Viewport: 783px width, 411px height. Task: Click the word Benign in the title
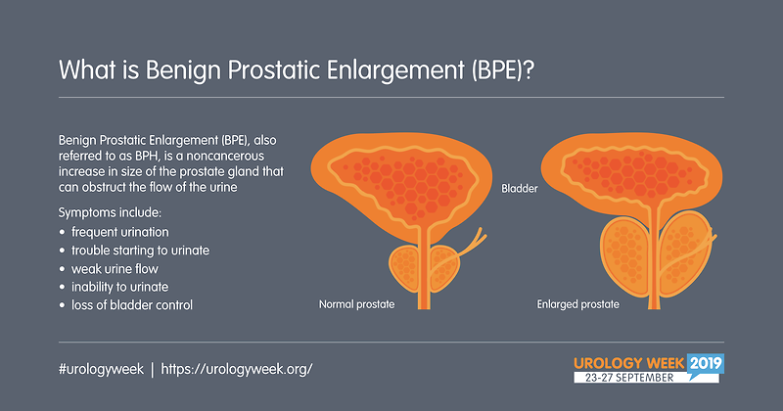coord(183,70)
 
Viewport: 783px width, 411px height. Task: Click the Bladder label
coord(520,189)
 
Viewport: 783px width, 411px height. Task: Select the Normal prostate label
coord(356,304)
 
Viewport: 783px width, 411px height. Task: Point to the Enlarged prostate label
coord(577,304)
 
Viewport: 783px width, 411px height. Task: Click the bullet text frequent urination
coord(119,232)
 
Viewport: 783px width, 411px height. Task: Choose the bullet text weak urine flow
coord(115,269)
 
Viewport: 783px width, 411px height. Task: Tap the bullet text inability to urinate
coord(119,287)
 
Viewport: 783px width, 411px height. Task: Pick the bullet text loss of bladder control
coord(132,305)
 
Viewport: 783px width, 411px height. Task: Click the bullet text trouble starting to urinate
coord(140,251)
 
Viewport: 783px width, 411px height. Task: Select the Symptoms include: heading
coord(110,212)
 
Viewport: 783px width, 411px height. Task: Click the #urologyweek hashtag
coord(102,370)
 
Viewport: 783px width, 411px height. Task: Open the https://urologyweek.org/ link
coord(237,370)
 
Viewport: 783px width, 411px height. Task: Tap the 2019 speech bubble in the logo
coord(706,364)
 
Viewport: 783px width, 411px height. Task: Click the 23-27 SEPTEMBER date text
coord(629,378)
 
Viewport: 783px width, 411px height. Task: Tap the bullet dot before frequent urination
coord(62,232)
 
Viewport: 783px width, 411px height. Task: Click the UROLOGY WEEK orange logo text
coord(629,363)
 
